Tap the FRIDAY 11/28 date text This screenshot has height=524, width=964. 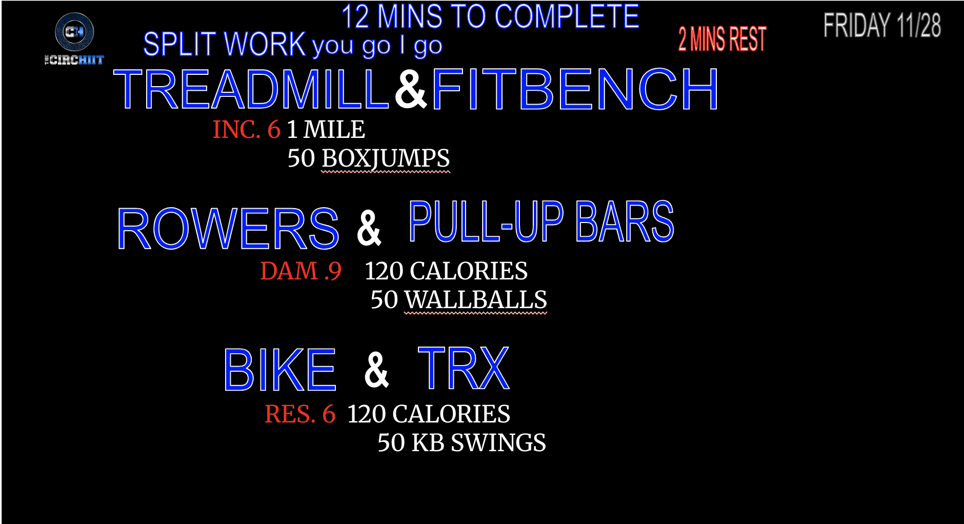pos(882,26)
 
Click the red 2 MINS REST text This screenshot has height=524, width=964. pos(722,39)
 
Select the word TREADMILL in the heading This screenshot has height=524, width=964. pos(251,90)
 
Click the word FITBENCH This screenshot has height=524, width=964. pos(575,90)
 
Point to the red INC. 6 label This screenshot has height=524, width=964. pos(247,129)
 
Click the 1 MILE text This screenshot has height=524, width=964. pos(326,129)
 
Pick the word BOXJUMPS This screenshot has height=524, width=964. pos(386,158)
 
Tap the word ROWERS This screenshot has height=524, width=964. pos(228,229)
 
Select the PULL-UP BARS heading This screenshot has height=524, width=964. pos(541,221)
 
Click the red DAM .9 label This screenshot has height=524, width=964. pos(301,271)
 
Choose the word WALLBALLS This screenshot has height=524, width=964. pos(476,300)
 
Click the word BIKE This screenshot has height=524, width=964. pos(280,370)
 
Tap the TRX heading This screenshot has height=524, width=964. pos(464,368)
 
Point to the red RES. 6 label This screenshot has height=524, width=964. pos(300,414)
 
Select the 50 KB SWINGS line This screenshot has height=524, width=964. pos(462,442)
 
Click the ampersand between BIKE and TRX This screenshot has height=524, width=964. pos(376,370)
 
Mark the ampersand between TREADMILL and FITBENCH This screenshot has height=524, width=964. pos(411,89)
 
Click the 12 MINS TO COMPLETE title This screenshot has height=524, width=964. pos(490,16)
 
